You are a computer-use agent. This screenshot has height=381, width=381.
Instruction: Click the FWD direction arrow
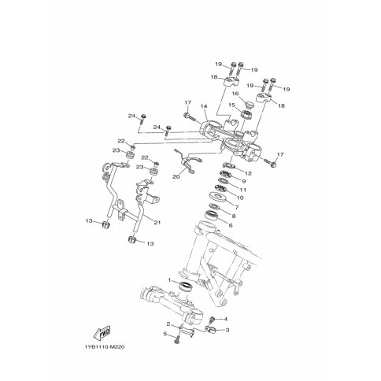[x=102, y=333]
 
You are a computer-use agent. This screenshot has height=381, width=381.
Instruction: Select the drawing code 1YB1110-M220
[x=104, y=347]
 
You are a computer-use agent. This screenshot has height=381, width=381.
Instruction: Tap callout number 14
[x=204, y=106]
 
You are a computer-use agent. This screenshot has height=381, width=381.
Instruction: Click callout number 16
[x=235, y=94]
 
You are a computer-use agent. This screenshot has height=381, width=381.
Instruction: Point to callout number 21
[x=157, y=223]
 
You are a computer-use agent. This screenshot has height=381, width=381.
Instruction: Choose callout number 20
[x=176, y=177]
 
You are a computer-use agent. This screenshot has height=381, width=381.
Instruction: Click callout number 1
[x=169, y=280]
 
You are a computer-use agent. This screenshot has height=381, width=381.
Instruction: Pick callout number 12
[x=248, y=173]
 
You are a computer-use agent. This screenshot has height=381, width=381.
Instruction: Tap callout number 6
[x=231, y=225]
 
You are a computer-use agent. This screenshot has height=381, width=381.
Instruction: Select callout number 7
[x=237, y=207]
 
